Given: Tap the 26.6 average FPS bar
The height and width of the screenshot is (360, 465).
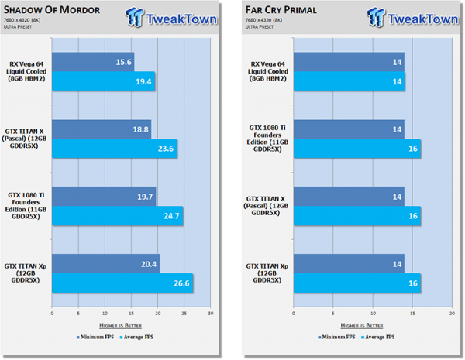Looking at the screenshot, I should pyautogui.click(x=122, y=283).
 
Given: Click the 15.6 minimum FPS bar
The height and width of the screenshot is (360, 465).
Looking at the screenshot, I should pyautogui.click(x=93, y=59).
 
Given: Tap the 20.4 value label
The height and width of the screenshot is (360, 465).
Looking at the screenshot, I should pyautogui.click(x=148, y=265).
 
